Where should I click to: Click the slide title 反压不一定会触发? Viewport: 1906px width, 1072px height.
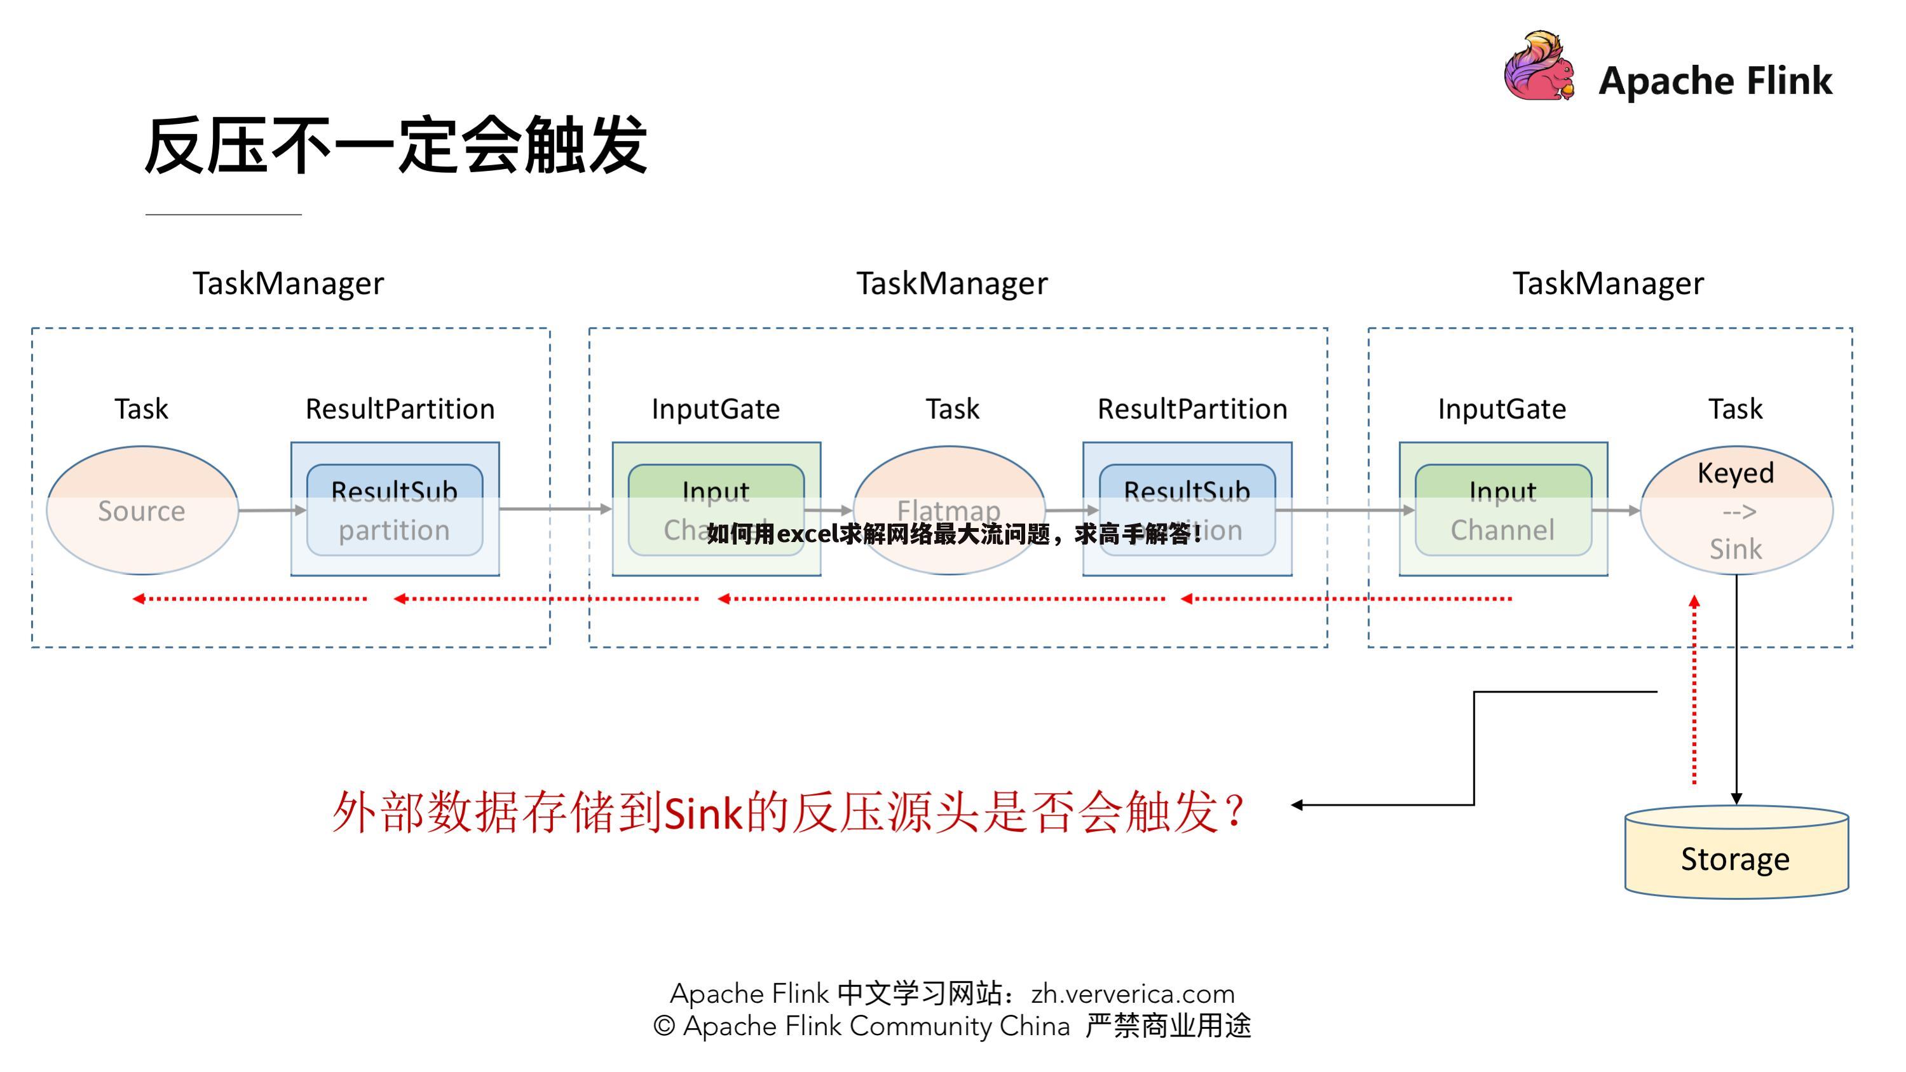pos(395,146)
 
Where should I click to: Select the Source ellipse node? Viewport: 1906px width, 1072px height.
pos(142,510)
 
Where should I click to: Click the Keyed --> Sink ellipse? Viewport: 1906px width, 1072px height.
pos(1736,510)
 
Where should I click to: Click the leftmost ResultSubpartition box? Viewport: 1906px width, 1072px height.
pos(395,510)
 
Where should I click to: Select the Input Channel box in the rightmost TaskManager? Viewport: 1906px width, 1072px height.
pos(1503,510)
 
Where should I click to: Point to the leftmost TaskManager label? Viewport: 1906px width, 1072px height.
pos(289,283)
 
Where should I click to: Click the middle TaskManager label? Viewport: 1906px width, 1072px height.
pos(952,283)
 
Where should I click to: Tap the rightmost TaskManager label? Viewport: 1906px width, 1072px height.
pos(1608,283)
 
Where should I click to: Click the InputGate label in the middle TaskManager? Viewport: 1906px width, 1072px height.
pos(716,409)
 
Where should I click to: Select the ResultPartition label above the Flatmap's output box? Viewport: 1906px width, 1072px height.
pos(1192,409)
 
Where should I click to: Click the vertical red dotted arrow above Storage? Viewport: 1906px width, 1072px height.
pos(1694,688)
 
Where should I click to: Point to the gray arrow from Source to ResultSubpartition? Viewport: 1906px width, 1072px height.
pos(271,510)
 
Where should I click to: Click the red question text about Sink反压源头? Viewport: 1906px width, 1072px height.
pos(788,812)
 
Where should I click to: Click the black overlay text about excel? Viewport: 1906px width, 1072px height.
pos(955,533)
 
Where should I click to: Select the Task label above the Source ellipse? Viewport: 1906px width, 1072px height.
pos(141,409)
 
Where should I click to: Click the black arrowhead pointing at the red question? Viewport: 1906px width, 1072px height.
pos(1297,805)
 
